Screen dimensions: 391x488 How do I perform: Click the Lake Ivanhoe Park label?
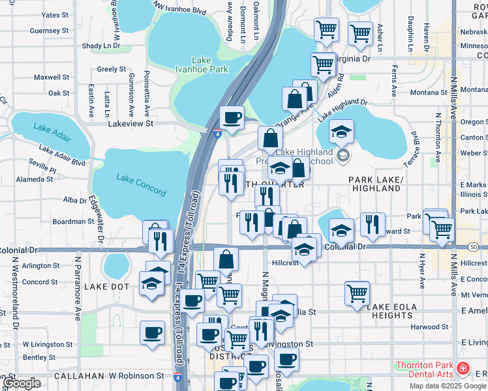[201, 65]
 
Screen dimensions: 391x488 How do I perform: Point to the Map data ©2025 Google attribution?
[448, 386]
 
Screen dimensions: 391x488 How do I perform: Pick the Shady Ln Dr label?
[101, 46]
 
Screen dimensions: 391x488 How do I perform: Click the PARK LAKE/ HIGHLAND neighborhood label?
[374, 184]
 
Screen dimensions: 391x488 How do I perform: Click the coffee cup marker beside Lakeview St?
[232, 118]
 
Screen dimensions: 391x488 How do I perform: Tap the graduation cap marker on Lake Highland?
[341, 132]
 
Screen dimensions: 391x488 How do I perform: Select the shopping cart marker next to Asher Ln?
[360, 33]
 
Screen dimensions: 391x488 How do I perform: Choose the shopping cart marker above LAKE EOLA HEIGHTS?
[357, 293]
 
